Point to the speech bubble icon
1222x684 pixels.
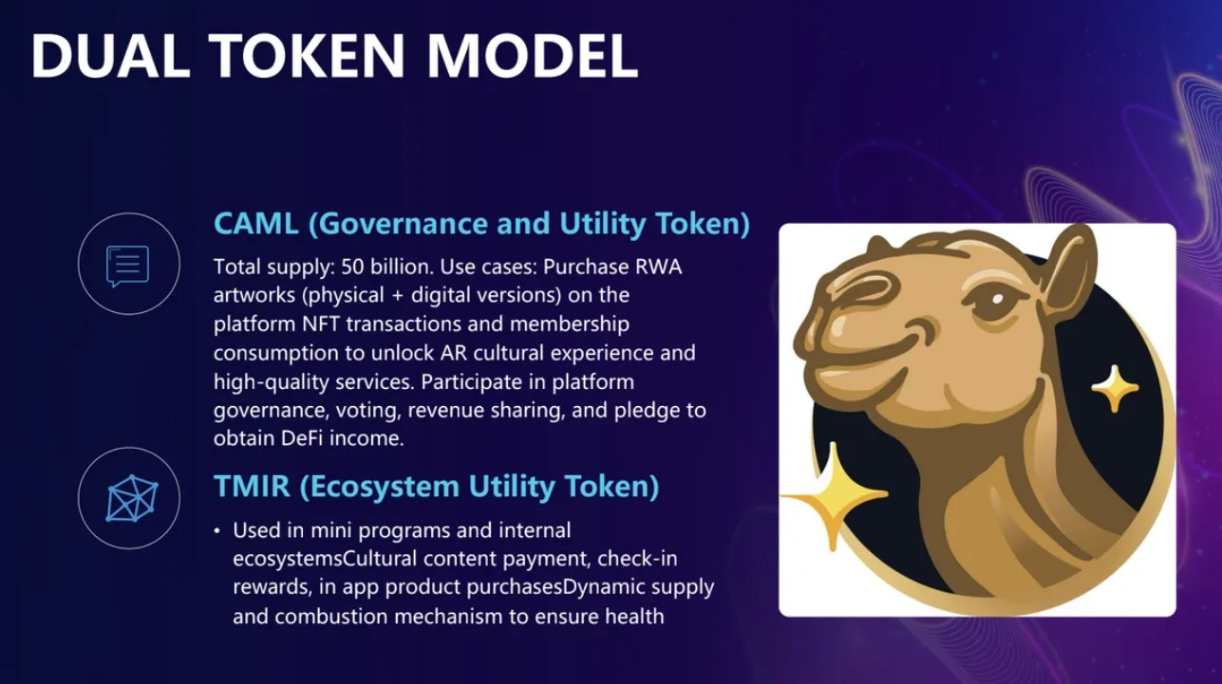[127, 265]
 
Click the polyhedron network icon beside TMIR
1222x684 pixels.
[130, 498]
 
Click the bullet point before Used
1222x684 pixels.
[217, 530]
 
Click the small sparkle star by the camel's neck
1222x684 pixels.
[1115, 387]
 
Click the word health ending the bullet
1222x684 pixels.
[631, 616]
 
